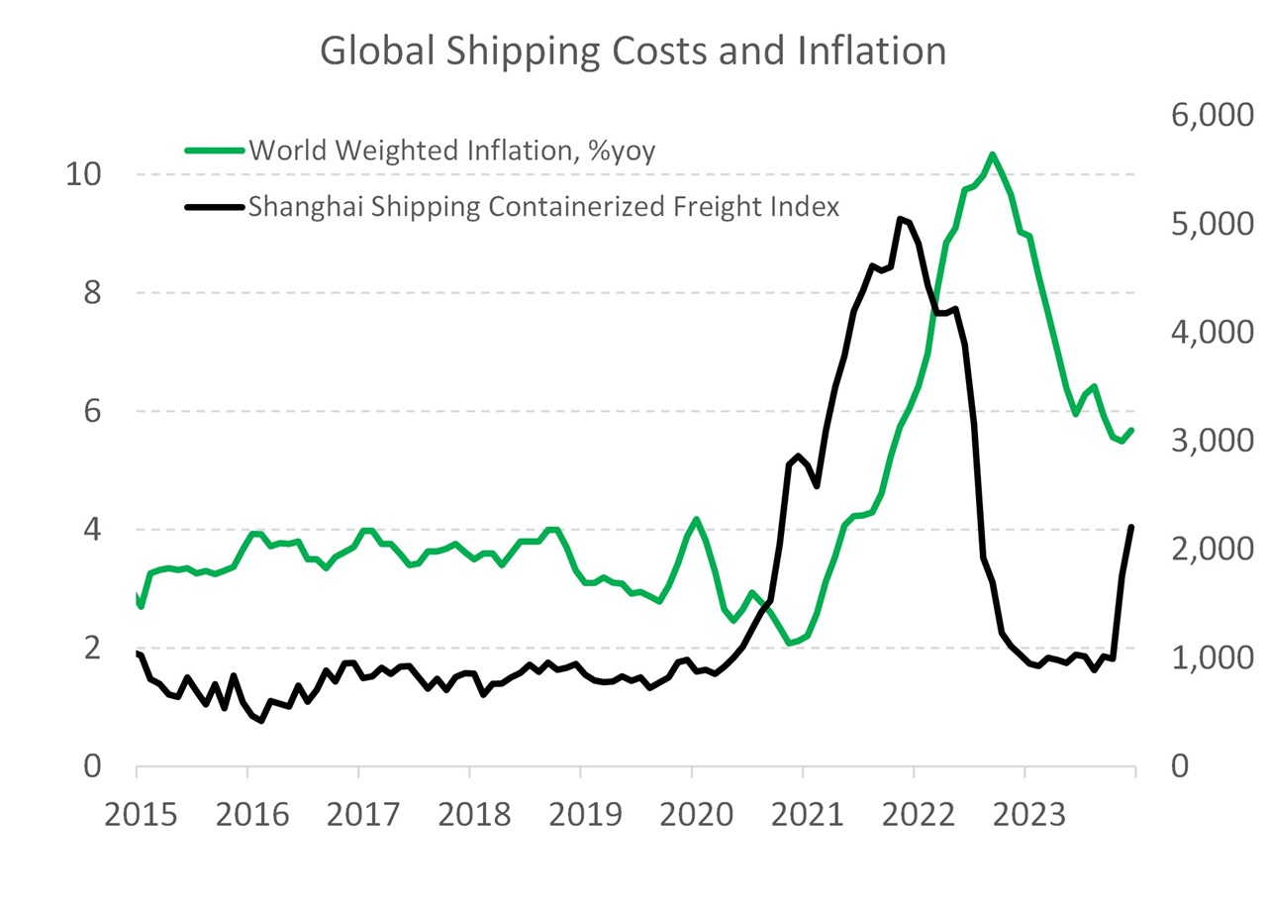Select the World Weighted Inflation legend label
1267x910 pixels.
(452, 151)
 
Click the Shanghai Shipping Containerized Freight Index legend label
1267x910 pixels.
(543, 207)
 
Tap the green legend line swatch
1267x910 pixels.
(215, 151)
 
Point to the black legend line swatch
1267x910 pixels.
(215, 207)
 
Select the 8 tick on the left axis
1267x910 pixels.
(91, 293)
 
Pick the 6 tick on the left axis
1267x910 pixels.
(91, 411)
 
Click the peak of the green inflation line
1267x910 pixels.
(992, 154)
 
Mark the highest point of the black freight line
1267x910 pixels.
(900, 219)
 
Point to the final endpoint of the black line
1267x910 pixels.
(1131, 527)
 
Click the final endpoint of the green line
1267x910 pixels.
(1131, 430)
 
